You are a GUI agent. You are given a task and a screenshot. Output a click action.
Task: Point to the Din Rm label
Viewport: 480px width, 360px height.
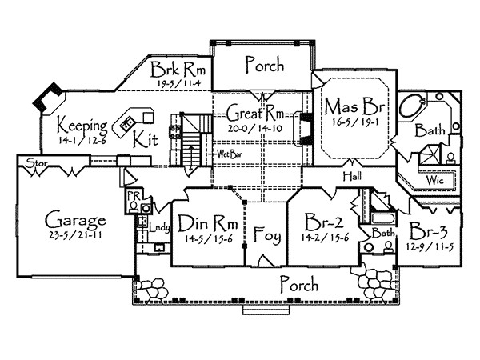pyautogui.click(x=206, y=222)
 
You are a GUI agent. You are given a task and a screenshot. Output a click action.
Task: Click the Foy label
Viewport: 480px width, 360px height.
pyautogui.click(x=266, y=236)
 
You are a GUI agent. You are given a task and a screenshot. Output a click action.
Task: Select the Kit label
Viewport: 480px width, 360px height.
pyautogui.click(x=145, y=138)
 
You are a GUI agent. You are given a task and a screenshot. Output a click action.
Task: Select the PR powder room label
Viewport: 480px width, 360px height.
pyautogui.click(x=130, y=194)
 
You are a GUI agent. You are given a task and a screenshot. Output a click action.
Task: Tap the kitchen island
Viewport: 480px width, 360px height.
pyautogui.click(x=127, y=124)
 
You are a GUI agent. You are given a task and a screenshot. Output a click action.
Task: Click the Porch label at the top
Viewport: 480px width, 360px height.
pyautogui.click(x=264, y=65)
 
